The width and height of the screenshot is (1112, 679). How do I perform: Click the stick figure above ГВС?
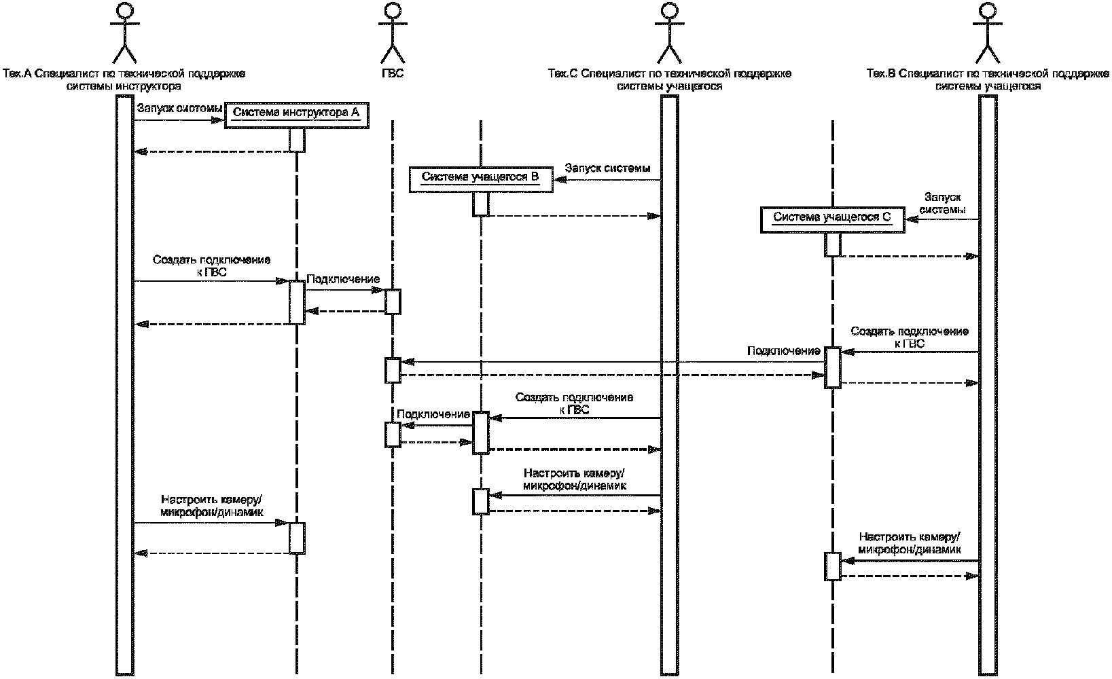(x=392, y=33)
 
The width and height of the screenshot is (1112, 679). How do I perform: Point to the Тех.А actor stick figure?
(x=124, y=33)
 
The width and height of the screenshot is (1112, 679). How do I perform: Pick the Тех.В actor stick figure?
(x=988, y=33)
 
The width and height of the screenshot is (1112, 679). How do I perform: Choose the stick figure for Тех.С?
(x=670, y=33)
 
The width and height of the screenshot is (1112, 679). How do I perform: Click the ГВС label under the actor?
(x=393, y=73)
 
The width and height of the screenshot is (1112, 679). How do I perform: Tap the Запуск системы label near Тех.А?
(x=179, y=108)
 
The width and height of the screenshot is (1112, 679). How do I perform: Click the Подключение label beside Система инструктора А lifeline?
(x=343, y=280)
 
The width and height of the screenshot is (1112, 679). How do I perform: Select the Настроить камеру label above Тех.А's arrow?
(x=212, y=506)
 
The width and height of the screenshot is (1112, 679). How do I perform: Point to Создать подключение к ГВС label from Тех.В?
(x=910, y=337)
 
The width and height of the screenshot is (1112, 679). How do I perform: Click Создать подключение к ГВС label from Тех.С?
(x=575, y=403)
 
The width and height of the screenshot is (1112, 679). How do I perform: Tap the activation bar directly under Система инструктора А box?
(x=297, y=140)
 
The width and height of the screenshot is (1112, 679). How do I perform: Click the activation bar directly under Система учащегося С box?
(x=833, y=244)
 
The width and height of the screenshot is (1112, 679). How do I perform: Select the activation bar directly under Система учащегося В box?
(x=480, y=204)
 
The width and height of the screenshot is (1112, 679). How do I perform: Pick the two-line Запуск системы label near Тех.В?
(x=942, y=204)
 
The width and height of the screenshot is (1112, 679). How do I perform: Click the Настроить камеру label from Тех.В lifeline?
(x=910, y=543)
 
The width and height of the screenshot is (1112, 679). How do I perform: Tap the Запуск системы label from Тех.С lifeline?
(x=608, y=168)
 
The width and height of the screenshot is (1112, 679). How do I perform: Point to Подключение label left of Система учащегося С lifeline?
(x=784, y=352)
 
